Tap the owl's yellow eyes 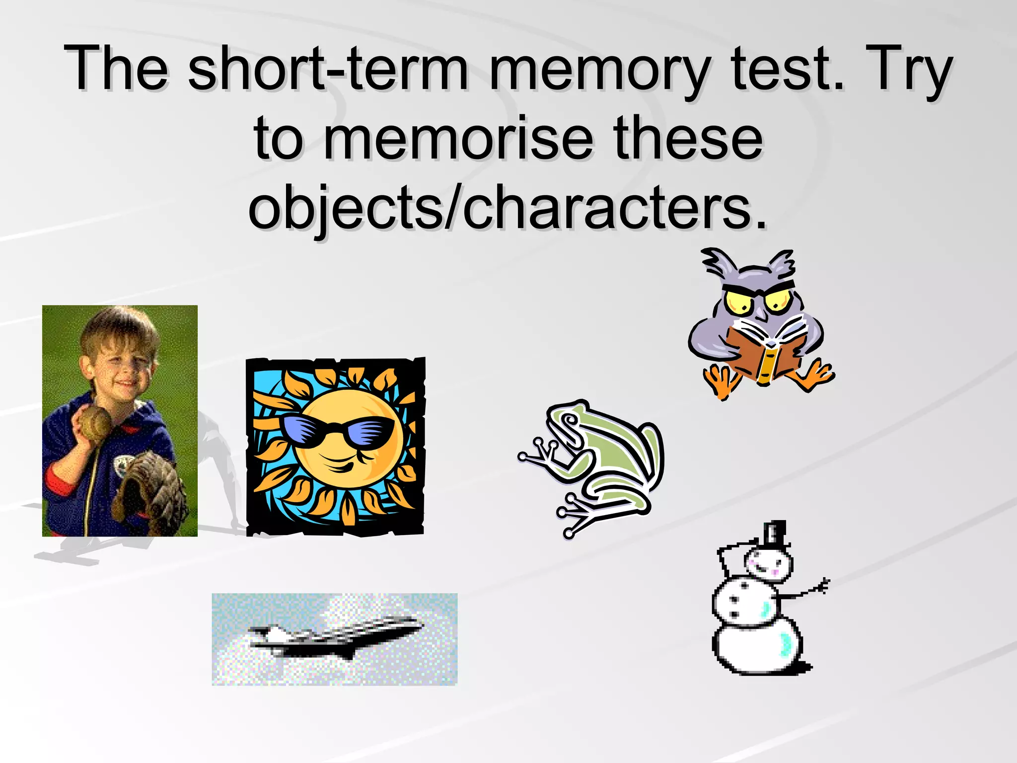pos(757,301)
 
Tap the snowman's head pos(767,564)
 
